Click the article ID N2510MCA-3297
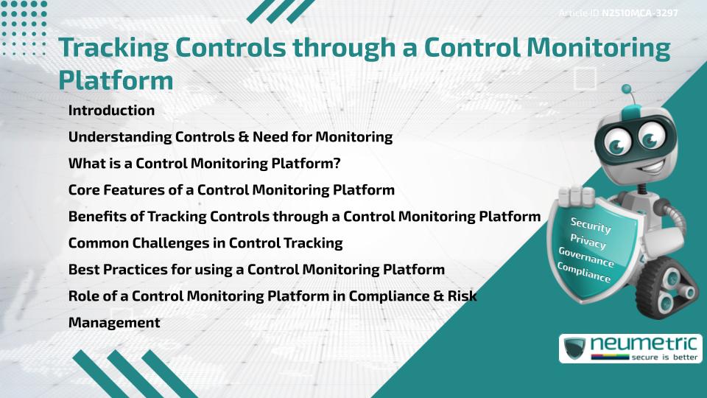pos(639,13)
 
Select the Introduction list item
pos(111,111)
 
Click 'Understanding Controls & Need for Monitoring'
pos(230,137)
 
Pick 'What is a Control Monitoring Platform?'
pos(204,164)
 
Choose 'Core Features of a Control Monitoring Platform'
pos(231,190)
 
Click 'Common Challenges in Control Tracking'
pos(205,243)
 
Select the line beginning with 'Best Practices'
pos(256,270)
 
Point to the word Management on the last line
pos(114,323)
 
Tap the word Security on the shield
pos(591,226)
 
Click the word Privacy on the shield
pos(588,242)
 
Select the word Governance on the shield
pos(585,258)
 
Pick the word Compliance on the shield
pos(584,273)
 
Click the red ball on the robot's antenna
pos(627,89)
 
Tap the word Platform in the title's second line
pos(116,80)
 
